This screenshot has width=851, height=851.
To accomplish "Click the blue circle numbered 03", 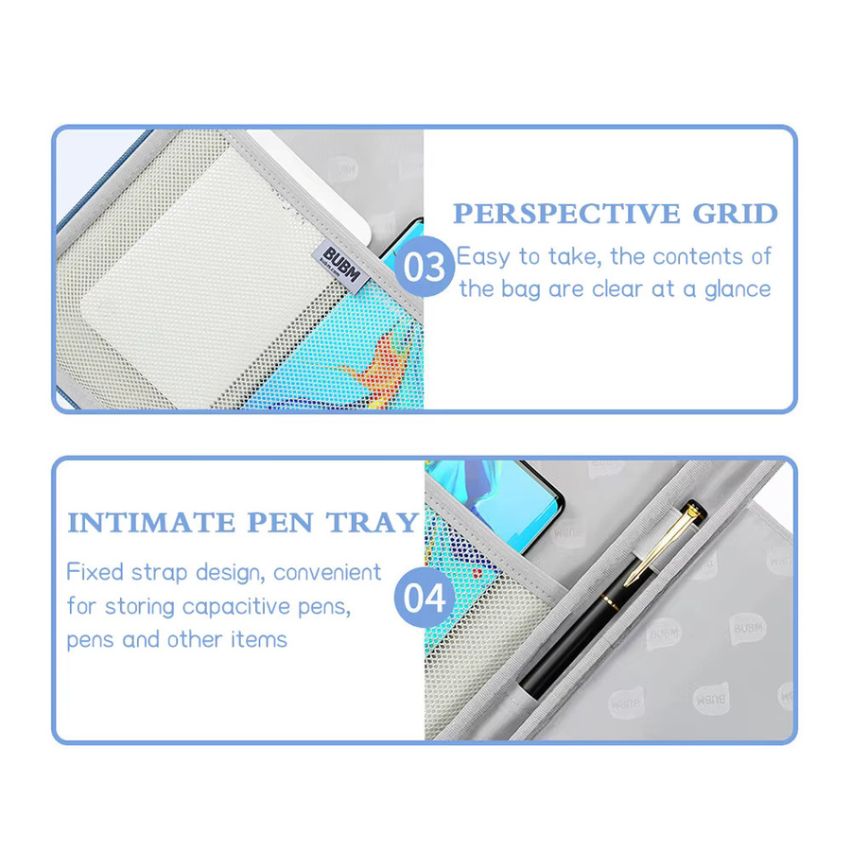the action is (x=425, y=267).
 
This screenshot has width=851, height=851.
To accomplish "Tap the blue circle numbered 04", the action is (x=425, y=598).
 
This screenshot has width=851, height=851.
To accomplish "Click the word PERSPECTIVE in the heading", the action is (x=566, y=214).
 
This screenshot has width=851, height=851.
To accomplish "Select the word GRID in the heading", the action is (x=736, y=214).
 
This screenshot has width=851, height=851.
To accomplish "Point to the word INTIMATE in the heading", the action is (x=151, y=523).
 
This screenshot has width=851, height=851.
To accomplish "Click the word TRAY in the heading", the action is (x=373, y=523).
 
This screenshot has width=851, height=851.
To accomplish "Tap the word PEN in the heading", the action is (x=280, y=523).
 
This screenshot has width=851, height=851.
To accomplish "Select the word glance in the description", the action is (x=738, y=290).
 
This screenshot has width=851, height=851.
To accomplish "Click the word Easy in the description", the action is (x=483, y=257).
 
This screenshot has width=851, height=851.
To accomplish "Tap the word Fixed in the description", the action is (x=95, y=572).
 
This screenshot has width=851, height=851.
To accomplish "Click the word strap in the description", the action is (x=160, y=574).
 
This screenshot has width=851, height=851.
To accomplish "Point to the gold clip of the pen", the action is (x=663, y=544).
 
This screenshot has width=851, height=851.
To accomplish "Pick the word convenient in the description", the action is (x=327, y=573).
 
